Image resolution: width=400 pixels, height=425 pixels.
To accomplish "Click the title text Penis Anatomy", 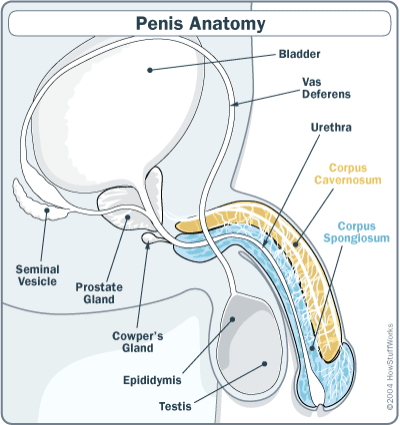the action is click(x=200, y=23).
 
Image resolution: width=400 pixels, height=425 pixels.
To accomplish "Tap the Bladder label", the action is click(x=299, y=54).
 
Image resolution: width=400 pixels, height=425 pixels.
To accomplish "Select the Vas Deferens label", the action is click(x=326, y=88).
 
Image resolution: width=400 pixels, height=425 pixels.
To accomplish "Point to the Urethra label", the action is click(x=331, y=128).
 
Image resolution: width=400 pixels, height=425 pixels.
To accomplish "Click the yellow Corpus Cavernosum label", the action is click(x=348, y=174).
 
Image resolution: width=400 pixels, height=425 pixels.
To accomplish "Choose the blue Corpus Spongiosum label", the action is click(x=357, y=232).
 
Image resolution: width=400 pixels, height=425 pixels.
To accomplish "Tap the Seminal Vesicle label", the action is click(x=38, y=275).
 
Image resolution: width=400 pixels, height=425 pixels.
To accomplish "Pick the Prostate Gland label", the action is click(x=99, y=293).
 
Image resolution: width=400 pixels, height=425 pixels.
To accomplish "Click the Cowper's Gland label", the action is click(x=138, y=342).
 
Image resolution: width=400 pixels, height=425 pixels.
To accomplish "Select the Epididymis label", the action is click(x=152, y=380).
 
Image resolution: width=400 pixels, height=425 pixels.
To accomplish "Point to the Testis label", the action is click(x=175, y=406).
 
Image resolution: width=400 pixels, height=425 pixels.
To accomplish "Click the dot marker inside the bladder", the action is click(x=150, y=70).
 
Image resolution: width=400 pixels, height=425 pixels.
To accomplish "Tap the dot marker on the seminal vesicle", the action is click(x=47, y=211).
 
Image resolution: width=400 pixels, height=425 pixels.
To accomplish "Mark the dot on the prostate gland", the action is click(x=127, y=217).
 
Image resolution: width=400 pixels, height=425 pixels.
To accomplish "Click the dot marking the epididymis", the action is click(x=233, y=319).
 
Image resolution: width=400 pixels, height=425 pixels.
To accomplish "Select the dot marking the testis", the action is click(x=265, y=364).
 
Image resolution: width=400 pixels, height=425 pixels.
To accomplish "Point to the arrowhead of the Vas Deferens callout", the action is click(x=235, y=105).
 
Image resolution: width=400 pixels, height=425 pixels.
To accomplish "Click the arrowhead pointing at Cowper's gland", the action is click(x=148, y=245).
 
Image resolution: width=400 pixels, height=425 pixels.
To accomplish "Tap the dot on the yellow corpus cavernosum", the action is click(x=295, y=244).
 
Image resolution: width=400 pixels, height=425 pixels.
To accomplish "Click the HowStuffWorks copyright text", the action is click(x=390, y=367).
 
